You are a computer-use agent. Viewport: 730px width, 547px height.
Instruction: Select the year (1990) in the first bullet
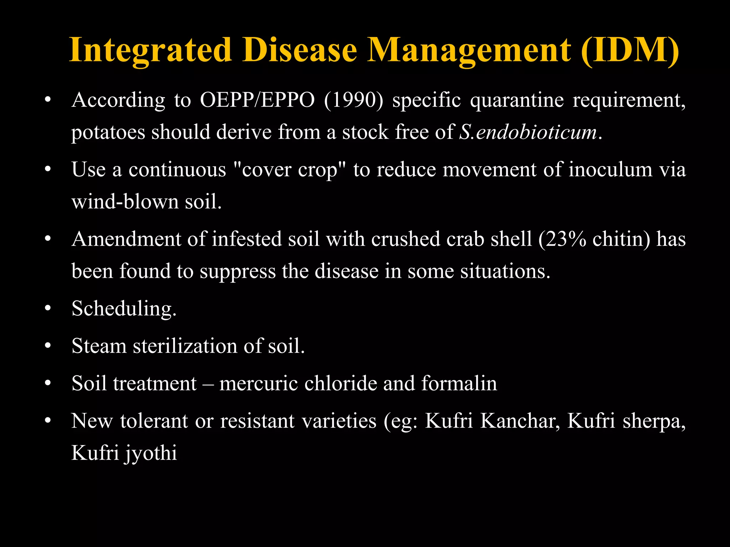(354, 100)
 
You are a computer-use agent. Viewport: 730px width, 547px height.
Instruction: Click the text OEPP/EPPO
(257, 100)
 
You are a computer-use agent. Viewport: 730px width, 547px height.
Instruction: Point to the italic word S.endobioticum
(528, 132)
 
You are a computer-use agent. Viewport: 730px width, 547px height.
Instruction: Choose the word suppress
(238, 272)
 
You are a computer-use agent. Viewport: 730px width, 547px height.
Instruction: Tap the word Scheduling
(124, 309)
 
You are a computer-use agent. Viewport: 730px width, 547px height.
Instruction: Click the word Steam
(99, 346)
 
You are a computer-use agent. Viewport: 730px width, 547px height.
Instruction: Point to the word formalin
(459, 384)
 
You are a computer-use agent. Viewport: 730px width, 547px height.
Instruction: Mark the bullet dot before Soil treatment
(48, 384)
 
